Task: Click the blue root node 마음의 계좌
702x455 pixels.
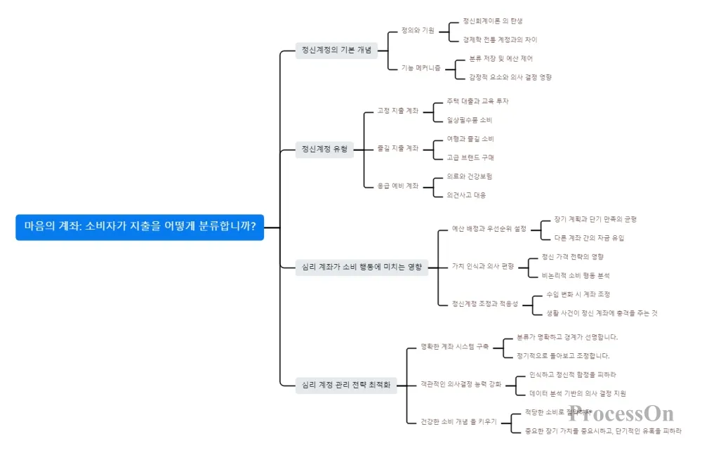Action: coord(140,227)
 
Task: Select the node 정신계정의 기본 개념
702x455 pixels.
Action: coord(336,50)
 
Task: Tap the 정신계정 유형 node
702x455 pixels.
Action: coord(324,149)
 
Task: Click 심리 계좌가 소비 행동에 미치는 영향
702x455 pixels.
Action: coord(362,267)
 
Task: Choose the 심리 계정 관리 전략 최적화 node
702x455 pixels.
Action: coord(345,385)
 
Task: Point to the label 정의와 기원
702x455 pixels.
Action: coord(418,31)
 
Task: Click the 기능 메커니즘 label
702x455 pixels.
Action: coord(421,68)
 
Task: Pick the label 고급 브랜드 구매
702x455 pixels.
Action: coord(470,157)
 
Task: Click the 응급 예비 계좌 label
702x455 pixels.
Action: coord(398,186)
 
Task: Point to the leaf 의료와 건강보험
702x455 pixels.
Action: coord(470,176)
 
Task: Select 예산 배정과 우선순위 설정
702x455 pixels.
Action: coord(489,229)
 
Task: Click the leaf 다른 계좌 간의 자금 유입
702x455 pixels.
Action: coord(589,238)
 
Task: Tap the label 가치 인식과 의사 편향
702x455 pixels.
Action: coord(484,266)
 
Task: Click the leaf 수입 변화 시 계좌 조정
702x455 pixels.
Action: coord(578,294)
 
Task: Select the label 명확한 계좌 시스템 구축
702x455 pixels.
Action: coord(454,346)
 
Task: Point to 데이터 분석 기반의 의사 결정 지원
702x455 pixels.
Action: coord(578,393)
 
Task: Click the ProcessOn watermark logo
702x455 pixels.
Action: coord(621,414)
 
